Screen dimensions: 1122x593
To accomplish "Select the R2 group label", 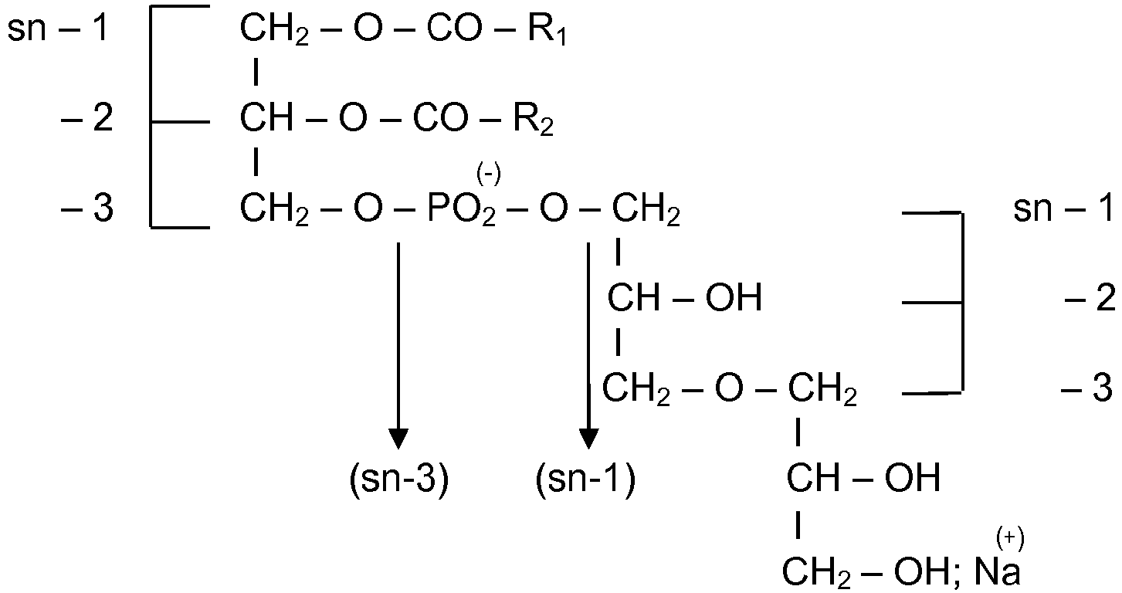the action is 534,120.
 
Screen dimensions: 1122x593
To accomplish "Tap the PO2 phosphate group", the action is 461,210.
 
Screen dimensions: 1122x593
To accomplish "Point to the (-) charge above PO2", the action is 488,175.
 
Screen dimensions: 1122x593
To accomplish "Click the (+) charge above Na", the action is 1010,538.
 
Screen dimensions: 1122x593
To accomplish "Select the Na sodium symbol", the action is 996,571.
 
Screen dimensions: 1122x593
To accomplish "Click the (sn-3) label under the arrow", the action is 399,479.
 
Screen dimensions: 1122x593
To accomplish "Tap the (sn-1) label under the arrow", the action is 585,479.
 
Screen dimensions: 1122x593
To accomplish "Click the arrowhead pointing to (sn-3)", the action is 398,439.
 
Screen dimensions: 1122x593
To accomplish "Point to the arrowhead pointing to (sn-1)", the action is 588,439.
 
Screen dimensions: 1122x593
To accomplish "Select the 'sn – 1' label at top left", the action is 58,28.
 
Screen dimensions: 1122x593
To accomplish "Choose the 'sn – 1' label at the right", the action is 1064,208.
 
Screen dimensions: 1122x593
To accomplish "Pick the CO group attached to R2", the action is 440,118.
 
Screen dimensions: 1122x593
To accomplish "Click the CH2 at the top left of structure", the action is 274,29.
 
